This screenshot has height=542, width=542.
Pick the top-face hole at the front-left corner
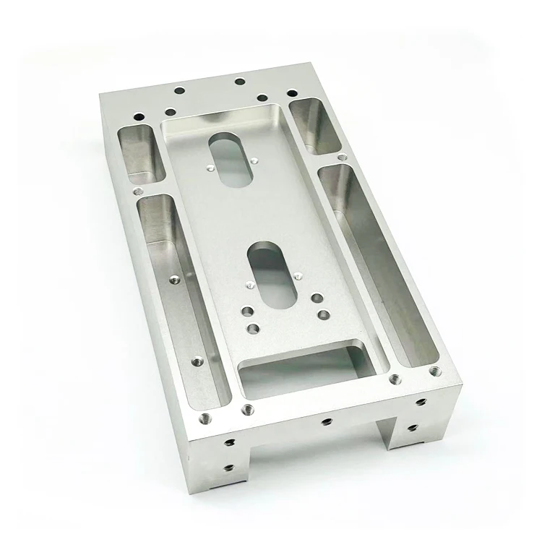coord(205,416)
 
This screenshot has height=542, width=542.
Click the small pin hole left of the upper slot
coord(207,169)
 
